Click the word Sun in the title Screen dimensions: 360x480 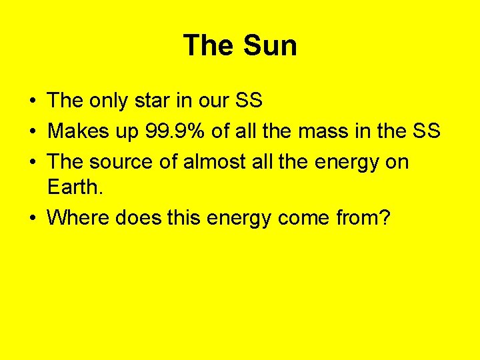[271, 45]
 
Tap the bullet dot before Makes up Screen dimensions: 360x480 [32, 132]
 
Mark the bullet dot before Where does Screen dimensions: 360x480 [32, 218]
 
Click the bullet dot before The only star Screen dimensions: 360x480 [32, 101]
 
